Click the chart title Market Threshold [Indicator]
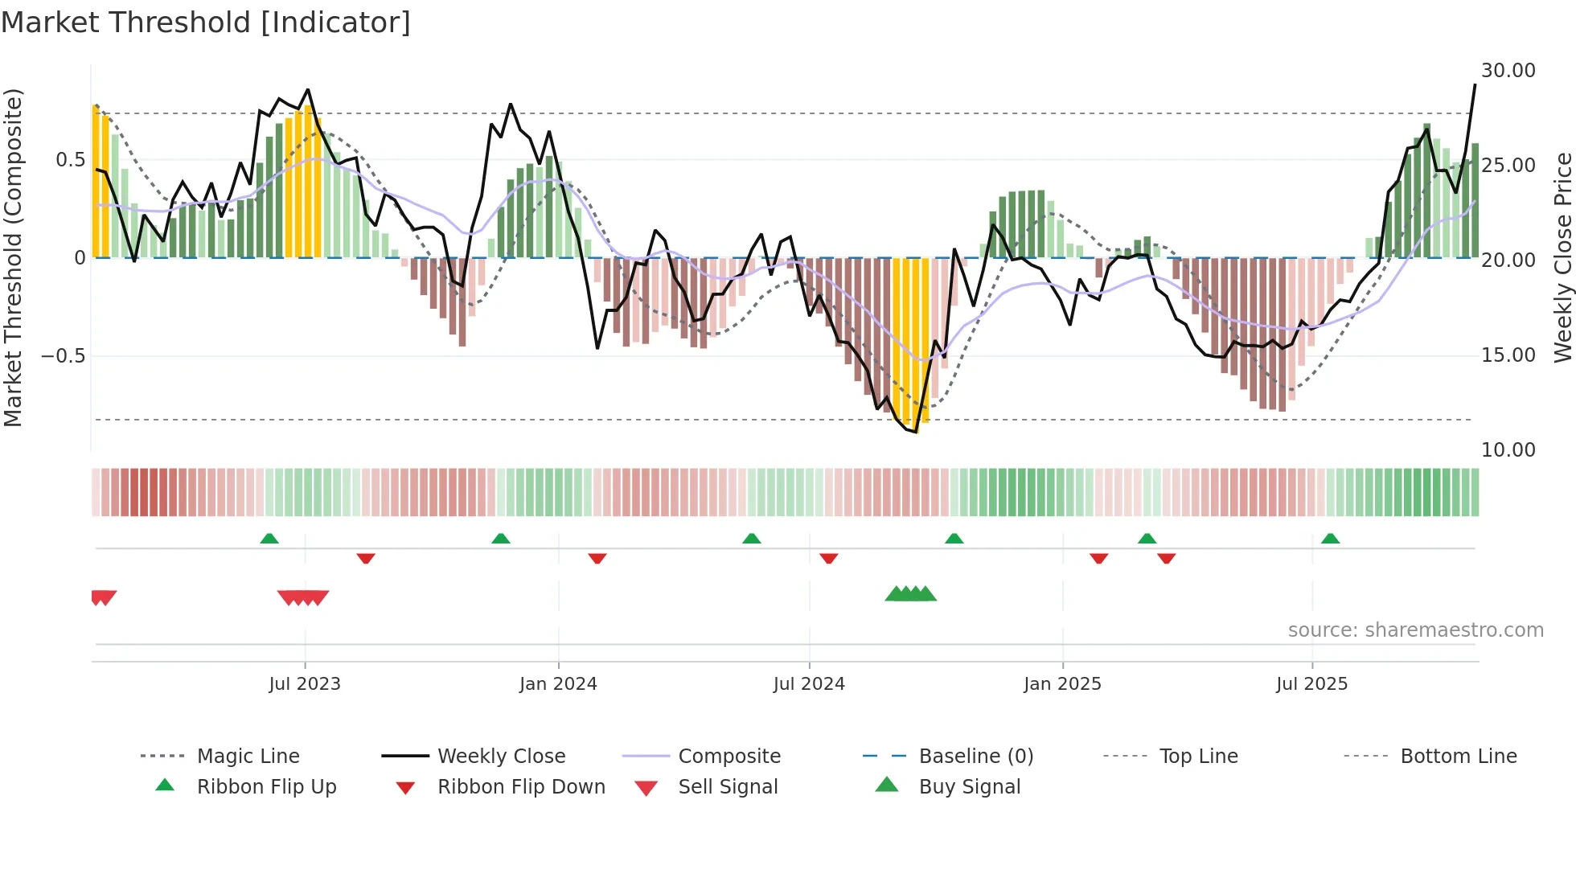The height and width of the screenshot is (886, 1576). tap(206, 23)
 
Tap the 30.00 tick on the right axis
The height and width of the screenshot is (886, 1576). tap(1508, 71)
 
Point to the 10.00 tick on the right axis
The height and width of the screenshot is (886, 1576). tap(1508, 450)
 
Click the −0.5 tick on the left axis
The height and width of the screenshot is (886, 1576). tap(64, 356)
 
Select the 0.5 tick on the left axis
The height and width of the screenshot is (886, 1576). tap(70, 160)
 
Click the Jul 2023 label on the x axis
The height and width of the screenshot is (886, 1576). tap(305, 684)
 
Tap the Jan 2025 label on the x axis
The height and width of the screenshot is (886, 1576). tap(1062, 684)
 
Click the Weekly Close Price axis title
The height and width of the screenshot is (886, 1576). tap(1562, 257)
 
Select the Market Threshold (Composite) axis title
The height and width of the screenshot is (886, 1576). tap(13, 257)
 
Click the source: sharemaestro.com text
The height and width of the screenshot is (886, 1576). tap(1415, 630)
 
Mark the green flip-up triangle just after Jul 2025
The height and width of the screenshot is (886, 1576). tap(1330, 539)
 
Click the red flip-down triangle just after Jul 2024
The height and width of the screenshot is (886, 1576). tap(829, 558)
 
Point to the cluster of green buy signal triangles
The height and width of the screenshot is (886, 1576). tap(910, 594)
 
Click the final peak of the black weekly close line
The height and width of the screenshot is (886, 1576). tap(1475, 84)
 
